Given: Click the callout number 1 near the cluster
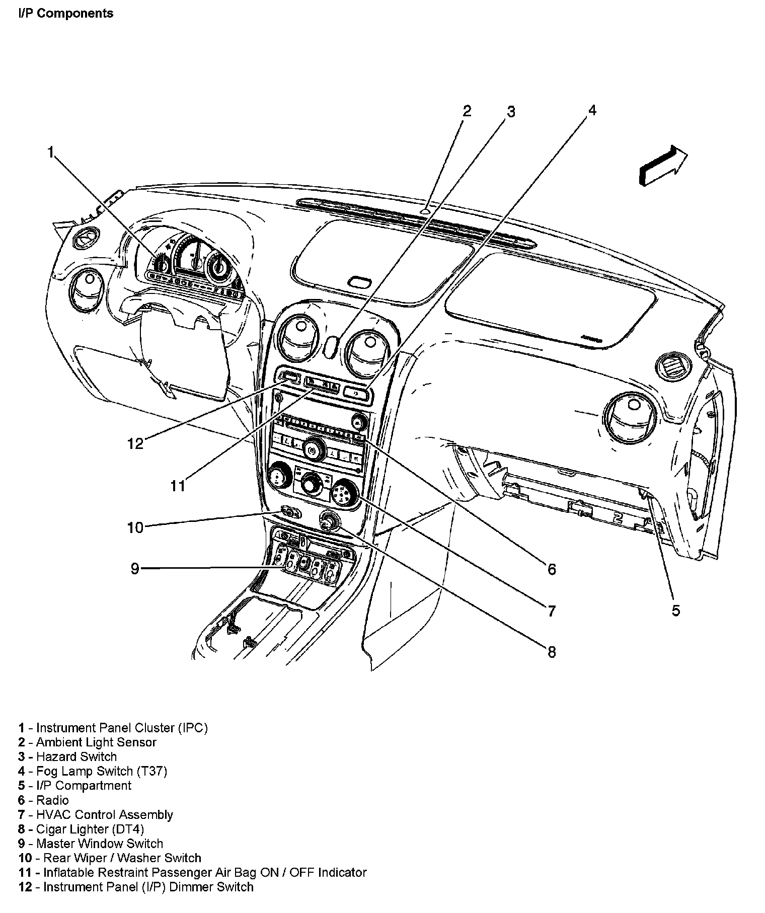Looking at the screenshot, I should (50, 151).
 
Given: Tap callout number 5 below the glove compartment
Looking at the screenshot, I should (675, 611).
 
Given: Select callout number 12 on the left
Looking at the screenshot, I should (135, 443).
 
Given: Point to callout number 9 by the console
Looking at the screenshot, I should (134, 569).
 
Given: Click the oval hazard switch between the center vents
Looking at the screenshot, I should (331, 347).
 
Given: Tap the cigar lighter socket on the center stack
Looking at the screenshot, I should (329, 521).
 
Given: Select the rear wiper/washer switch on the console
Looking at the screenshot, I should (290, 513).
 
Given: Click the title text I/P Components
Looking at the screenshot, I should (66, 14).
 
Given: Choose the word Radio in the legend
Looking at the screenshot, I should (52, 800).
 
